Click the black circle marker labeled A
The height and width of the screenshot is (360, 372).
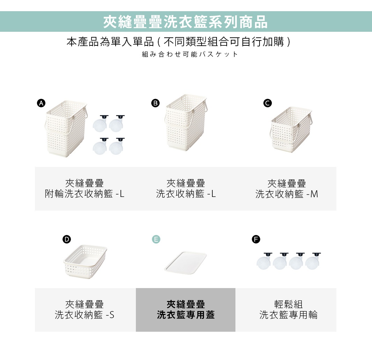click(41, 103)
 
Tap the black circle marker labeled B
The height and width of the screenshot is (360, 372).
click(155, 103)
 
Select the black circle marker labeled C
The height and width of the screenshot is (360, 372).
click(268, 103)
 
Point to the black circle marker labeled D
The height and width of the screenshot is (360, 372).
click(66, 239)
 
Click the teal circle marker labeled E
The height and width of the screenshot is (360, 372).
click(156, 239)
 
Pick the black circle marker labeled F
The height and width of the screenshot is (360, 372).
click(256, 239)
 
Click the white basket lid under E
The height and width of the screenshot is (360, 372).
click(185, 263)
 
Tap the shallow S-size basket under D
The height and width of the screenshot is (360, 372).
click(85, 260)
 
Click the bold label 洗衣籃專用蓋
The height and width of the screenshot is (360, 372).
click(185, 315)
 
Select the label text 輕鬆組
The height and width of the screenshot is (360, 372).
click(288, 304)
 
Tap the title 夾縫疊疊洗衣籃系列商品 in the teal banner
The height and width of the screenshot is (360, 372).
click(185, 22)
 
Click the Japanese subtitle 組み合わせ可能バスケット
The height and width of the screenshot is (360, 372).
click(190, 54)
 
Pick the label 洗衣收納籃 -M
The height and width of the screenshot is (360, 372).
click(287, 194)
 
